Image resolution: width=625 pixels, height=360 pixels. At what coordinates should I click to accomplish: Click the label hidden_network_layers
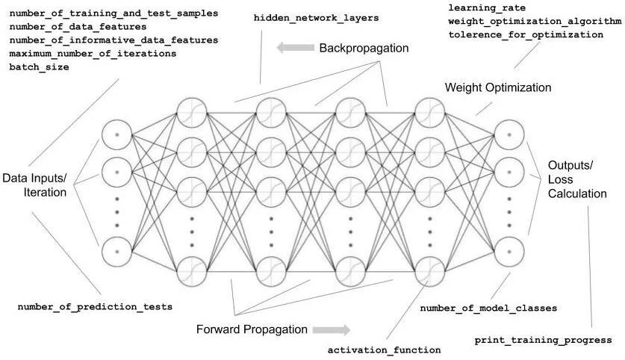click(316, 16)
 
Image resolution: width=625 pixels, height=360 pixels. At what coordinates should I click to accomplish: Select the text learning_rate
click(484, 7)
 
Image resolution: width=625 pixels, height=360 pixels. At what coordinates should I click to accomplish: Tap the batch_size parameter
click(39, 67)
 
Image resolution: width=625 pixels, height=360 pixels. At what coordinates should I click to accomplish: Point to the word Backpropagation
click(364, 48)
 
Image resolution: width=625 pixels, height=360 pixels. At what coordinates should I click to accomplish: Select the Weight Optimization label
click(498, 87)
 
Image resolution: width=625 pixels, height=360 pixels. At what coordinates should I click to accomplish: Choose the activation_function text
click(385, 350)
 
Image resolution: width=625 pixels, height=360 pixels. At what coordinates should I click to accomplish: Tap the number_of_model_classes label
click(488, 308)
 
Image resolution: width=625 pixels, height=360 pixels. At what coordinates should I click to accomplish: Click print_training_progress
click(543, 341)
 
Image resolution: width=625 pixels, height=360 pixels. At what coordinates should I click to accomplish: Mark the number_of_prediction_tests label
click(95, 306)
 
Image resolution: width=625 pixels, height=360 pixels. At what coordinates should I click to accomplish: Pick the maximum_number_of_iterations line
click(93, 54)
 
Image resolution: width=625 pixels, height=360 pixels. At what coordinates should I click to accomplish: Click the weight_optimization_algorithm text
click(535, 21)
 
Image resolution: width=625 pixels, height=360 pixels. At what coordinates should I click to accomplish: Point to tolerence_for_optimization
click(526, 34)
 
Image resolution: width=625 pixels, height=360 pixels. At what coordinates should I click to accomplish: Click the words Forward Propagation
click(252, 329)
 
